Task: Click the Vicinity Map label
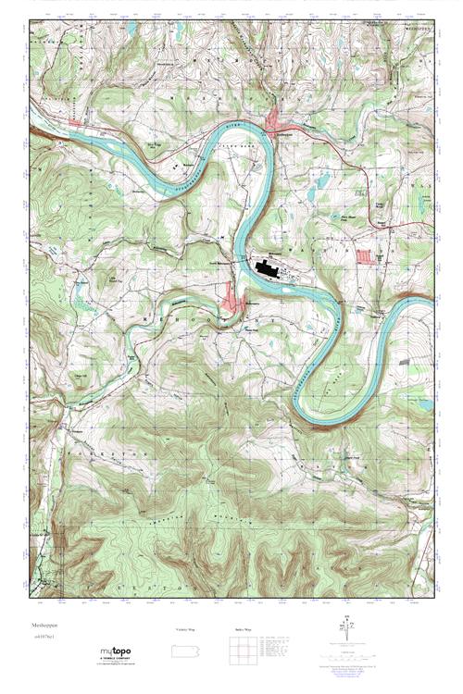click(x=186, y=629)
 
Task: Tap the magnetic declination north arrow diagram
click(x=349, y=626)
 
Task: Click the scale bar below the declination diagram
click(x=349, y=652)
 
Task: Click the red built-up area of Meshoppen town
click(x=276, y=120)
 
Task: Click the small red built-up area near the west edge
click(x=74, y=121)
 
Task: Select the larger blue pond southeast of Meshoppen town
click(x=321, y=182)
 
